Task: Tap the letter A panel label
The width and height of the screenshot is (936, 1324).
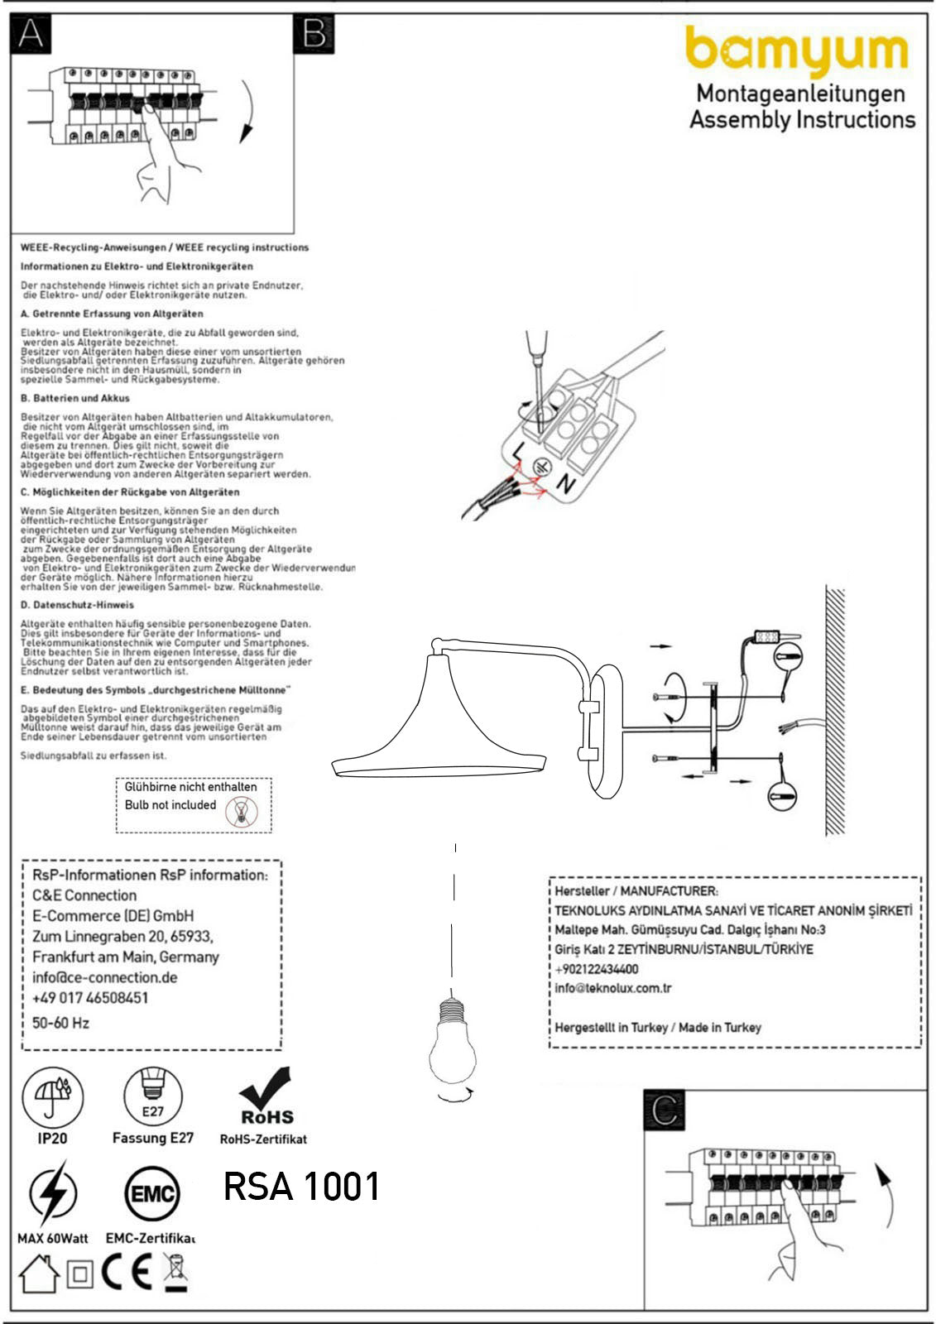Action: point(31,34)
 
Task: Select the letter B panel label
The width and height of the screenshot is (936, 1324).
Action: point(314,34)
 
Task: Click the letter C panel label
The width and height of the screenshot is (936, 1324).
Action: point(665,1111)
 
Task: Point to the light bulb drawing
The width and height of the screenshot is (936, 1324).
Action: point(453,1045)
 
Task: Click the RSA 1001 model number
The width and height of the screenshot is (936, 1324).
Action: point(301,1187)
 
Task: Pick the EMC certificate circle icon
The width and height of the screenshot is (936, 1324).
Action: point(152,1194)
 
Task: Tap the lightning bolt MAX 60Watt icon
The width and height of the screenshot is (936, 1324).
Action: point(52,1194)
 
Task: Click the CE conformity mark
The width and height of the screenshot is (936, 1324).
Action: point(127,1273)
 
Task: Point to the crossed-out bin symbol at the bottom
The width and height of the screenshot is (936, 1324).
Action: point(175,1272)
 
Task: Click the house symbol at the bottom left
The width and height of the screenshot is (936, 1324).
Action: point(39,1274)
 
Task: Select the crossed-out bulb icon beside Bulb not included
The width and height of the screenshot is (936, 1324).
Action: point(247,813)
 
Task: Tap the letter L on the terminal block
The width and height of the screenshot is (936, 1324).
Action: point(517,452)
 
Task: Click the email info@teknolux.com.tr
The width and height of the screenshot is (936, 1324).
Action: point(613,988)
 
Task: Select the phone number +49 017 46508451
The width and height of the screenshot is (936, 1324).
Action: point(90,998)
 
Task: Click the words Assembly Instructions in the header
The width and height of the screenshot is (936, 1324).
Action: point(802,120)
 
